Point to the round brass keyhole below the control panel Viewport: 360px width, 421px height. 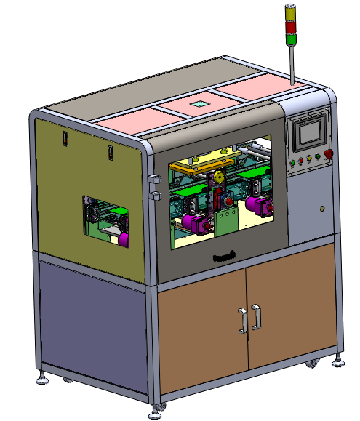[x=321, y=209]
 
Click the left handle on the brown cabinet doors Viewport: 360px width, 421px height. [x=242, y=321]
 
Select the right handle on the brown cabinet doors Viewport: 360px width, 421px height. [x=256, y=318]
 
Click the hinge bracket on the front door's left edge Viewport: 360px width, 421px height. [x=153, y=186]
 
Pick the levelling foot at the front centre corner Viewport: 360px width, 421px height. [x=156, y=414]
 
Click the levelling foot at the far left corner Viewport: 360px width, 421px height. [x=43, y=379]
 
